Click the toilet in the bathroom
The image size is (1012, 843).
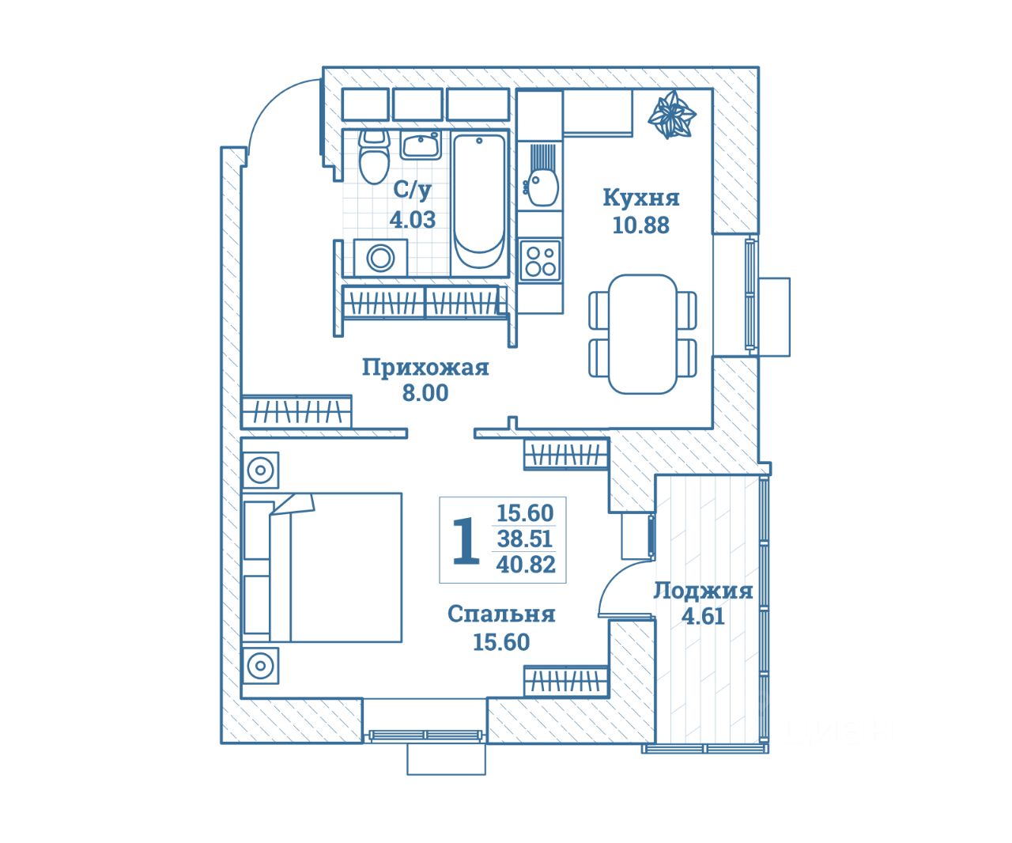(374, 157)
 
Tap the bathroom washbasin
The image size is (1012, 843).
(421, 145)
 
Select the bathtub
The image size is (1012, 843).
(479, 202)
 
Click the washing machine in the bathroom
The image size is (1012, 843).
(380, 258)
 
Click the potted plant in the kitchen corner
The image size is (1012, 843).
(672, 115)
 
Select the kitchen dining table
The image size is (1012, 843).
(643, 335)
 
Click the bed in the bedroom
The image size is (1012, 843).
(323, 568)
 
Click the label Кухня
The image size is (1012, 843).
(640, 198)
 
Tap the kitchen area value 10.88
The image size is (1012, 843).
(640, 225)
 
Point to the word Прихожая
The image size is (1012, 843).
(425, 368)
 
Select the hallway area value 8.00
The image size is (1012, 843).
(425, 393)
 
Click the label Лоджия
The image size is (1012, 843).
(703, 591)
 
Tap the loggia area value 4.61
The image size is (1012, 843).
(703, 616)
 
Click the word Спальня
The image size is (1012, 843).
(501, 614)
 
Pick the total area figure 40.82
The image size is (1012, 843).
(526, 565)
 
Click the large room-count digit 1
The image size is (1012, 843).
(466, 540)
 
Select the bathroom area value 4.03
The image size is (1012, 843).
(413, 220)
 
